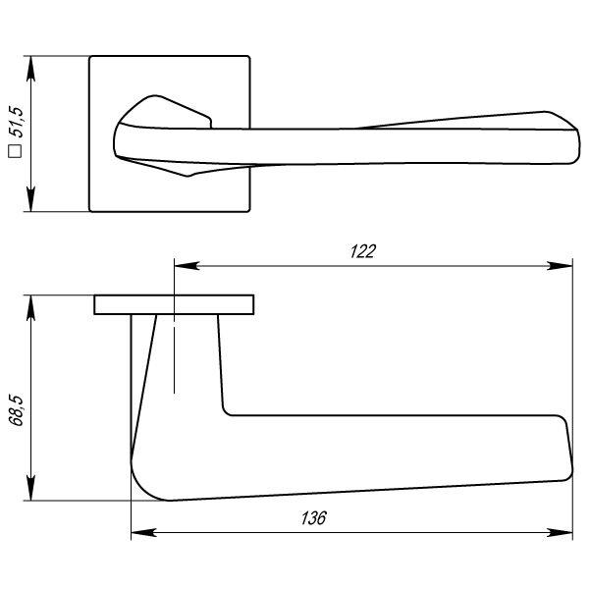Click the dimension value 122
click(363, 251)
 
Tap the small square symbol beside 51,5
click(16, 151)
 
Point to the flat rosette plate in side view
click(175, 304)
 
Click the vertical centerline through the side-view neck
click(174, 353)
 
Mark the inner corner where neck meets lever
click(227, 410)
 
